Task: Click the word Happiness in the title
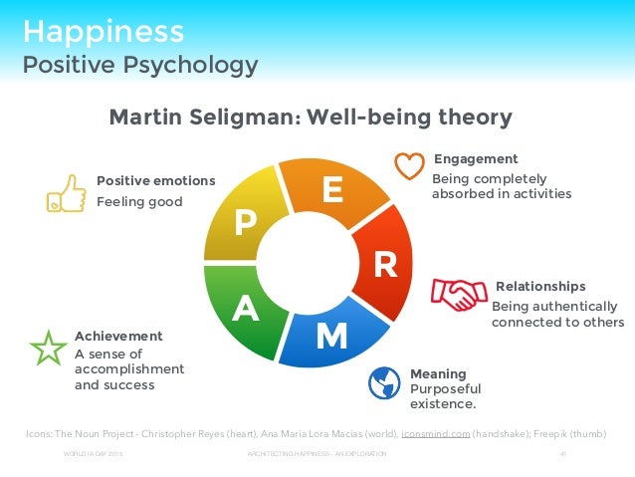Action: (x=104, y=30)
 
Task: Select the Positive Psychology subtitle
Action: (x=140, y=66)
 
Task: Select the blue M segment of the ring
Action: (x=330, y=336)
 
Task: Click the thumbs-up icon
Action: (x=66, y=193)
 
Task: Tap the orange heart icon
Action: (x=409, y=165)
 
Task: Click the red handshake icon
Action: (x=458, y=294)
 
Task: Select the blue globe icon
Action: (x=384, y=382)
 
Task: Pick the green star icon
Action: (x=47, y=347)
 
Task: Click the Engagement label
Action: (x=476, y=159)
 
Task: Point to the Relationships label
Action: (x=540, y=286)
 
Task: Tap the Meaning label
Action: (x=438, y=373)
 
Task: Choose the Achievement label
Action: (x=118, y=336)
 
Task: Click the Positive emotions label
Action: (x=155, y=180)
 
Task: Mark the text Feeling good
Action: (x=139, y=201)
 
